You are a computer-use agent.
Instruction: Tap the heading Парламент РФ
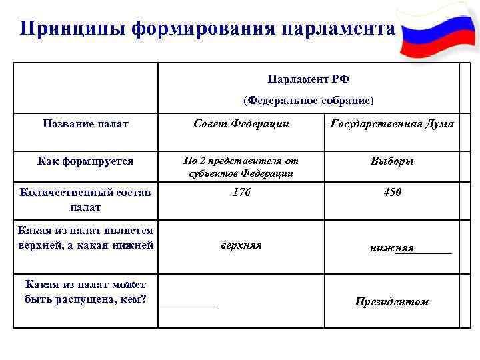(308, 79)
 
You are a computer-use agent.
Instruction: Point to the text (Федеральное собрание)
(308, 101)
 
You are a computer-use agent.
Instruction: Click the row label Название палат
(85, 123)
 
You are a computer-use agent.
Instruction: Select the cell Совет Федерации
(241, 123)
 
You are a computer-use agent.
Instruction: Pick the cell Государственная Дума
(392, 123)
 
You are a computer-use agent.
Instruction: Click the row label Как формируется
(85, 161)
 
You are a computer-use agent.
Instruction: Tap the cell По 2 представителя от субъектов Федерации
(241, 167)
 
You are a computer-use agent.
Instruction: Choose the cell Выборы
(392, 161)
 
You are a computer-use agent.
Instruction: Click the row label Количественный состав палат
(85, 199)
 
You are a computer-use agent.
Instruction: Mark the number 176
(241, 193)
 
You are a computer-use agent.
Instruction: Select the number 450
(392, 193)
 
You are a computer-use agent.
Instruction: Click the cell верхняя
(241, 245)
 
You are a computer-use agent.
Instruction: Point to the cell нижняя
(391, 248)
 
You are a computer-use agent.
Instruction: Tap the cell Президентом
(392, 302)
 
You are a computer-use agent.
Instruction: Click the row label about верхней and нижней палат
(85, 237)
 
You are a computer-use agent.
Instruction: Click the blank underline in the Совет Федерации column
(189, 305)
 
